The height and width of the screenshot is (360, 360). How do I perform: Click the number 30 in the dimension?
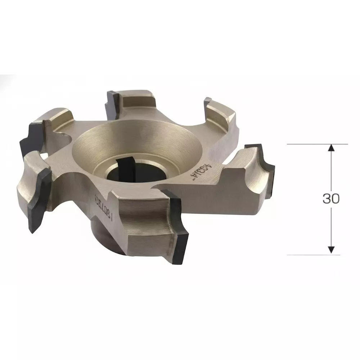tap(331, 199)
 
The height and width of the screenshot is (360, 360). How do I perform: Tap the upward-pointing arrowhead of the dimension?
tap(332, 148)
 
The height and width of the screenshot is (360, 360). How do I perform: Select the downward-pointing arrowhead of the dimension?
tap(332, 249)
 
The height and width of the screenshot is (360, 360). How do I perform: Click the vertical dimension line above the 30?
tap(332, 169)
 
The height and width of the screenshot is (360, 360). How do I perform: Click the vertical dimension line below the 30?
tap(332, 227)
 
